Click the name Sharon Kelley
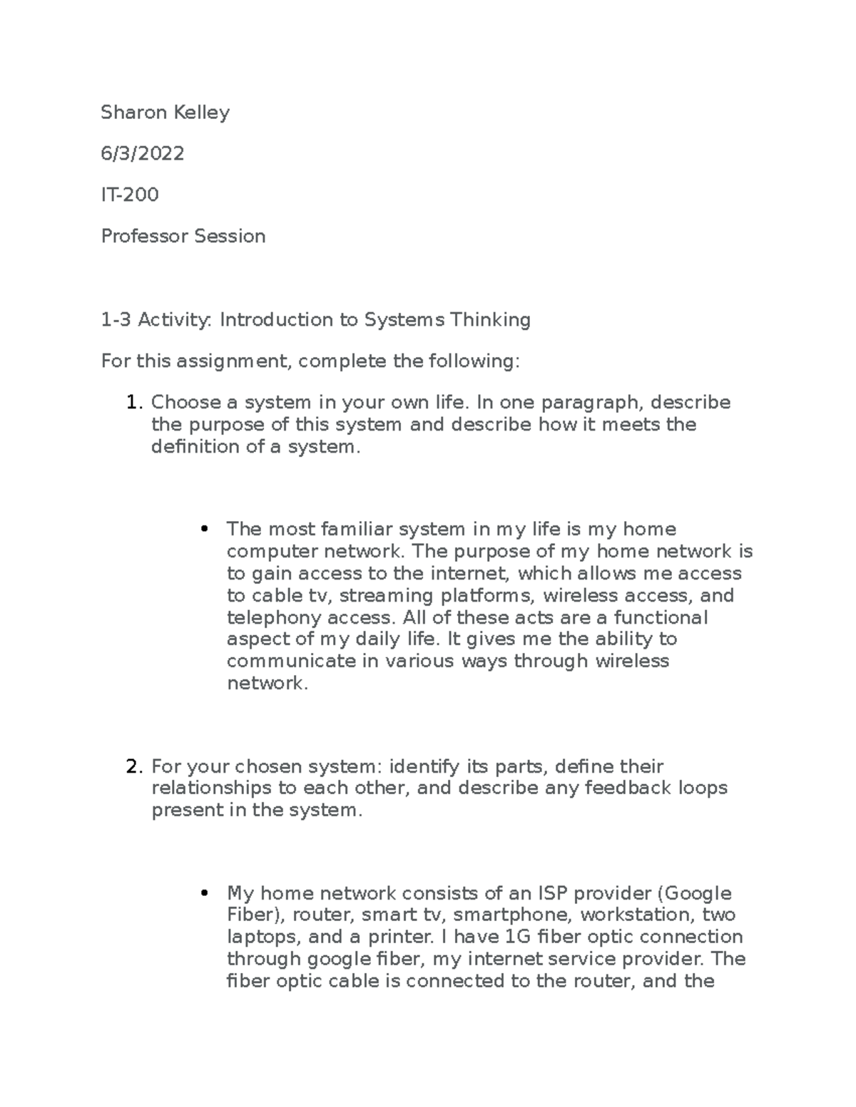165,113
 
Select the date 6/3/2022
143,153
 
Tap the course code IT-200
130,195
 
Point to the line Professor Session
183,236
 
